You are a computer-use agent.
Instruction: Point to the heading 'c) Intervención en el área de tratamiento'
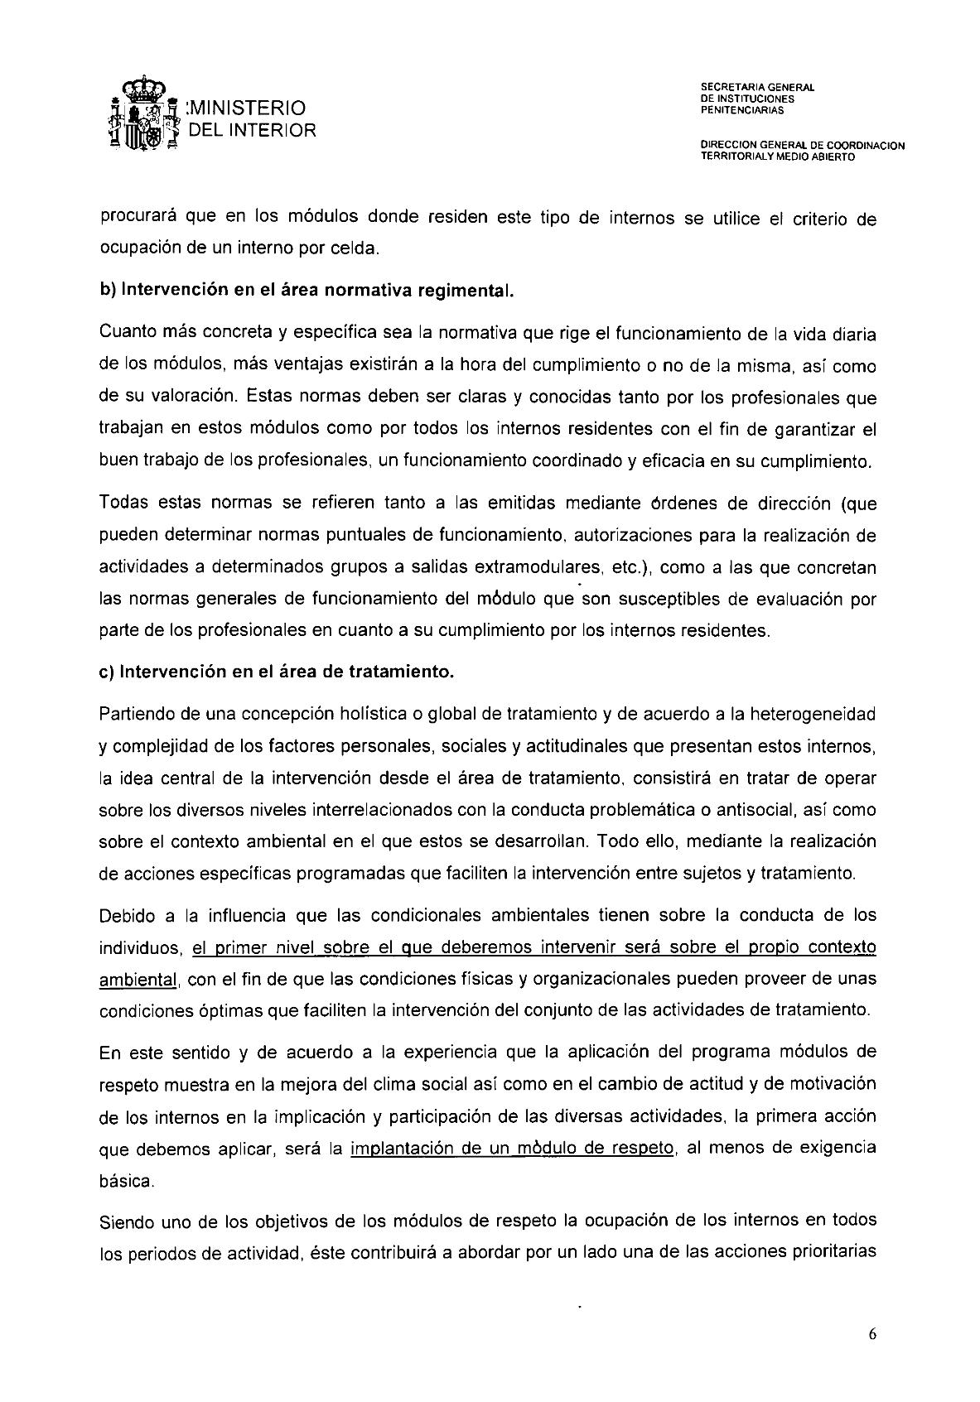[277, 672]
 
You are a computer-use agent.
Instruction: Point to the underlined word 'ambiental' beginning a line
[138, 980]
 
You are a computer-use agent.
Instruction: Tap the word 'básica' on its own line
[125, 1182]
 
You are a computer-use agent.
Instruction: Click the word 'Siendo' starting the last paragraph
[124, 1221]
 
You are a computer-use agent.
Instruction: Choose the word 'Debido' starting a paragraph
[124, 915]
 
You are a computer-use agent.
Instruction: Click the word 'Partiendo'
[134, 714]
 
